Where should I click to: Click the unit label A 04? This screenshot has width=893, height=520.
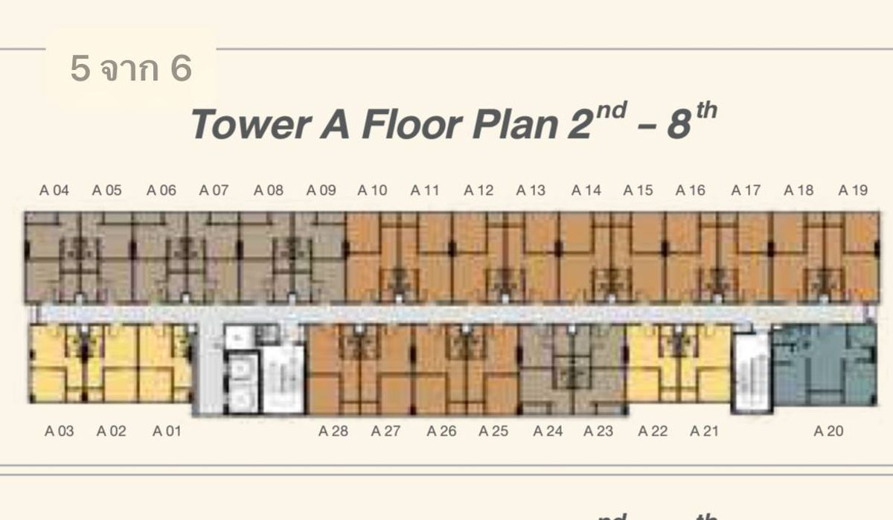click(x=54, y=190)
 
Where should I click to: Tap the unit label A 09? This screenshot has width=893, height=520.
click(x=321, y=190)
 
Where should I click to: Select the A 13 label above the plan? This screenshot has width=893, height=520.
click(x=531, y=190)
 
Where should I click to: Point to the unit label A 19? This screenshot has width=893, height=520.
click(x=853, y=190)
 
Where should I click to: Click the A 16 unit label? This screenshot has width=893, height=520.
click(x=690, y=190)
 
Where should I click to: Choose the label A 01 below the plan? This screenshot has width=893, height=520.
click(x=167, y=431)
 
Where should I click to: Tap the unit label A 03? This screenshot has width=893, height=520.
click(x=59, y=431)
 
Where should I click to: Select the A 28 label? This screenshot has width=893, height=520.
click(x=333, y=431)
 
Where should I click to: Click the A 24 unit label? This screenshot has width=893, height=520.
click(x=548, y=431)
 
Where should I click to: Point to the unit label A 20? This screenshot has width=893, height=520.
click(x=828, y=431)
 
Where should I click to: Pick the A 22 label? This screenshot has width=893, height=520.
click(x=653, y=431)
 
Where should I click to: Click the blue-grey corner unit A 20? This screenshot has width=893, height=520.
click(x=825, y=365)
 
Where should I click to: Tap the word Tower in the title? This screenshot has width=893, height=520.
click(x=251, y=124)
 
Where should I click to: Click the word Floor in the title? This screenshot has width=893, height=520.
click(x=412, y=124)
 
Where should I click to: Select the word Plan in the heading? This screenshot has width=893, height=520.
click(x=515, y=124)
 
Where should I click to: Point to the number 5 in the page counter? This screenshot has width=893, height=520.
click(x=80, y=68)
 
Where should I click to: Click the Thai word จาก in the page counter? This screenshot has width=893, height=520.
click(x=130, y=71)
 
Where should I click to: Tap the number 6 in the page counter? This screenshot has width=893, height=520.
click(x=182, y=68)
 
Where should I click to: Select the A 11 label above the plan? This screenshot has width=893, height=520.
click(x=425, y=190)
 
